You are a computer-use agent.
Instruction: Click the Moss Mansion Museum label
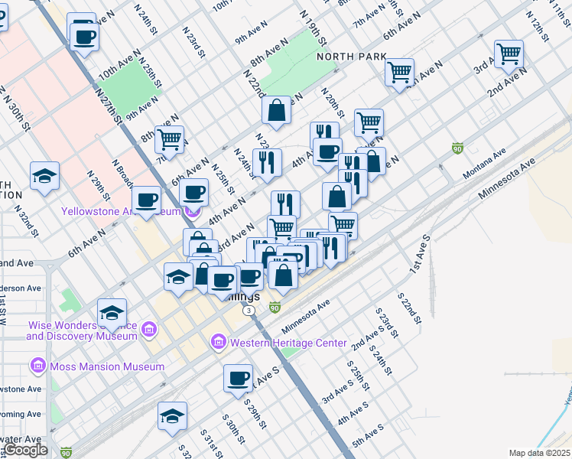(x=107, y=366)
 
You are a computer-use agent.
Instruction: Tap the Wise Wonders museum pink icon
(x=149, y=330)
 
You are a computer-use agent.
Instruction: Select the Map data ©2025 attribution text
(x=540, y=453)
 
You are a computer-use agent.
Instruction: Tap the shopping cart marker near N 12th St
(x=509, y=54)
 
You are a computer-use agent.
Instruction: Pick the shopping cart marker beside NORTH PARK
(x=399, y=73)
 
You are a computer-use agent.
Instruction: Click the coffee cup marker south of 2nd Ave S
(x=239, y=378)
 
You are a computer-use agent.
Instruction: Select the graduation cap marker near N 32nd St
(x=45, y=176)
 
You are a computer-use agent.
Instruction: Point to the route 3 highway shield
(x=249, y=311)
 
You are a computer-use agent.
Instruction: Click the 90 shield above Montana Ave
(x=457, y=148)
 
